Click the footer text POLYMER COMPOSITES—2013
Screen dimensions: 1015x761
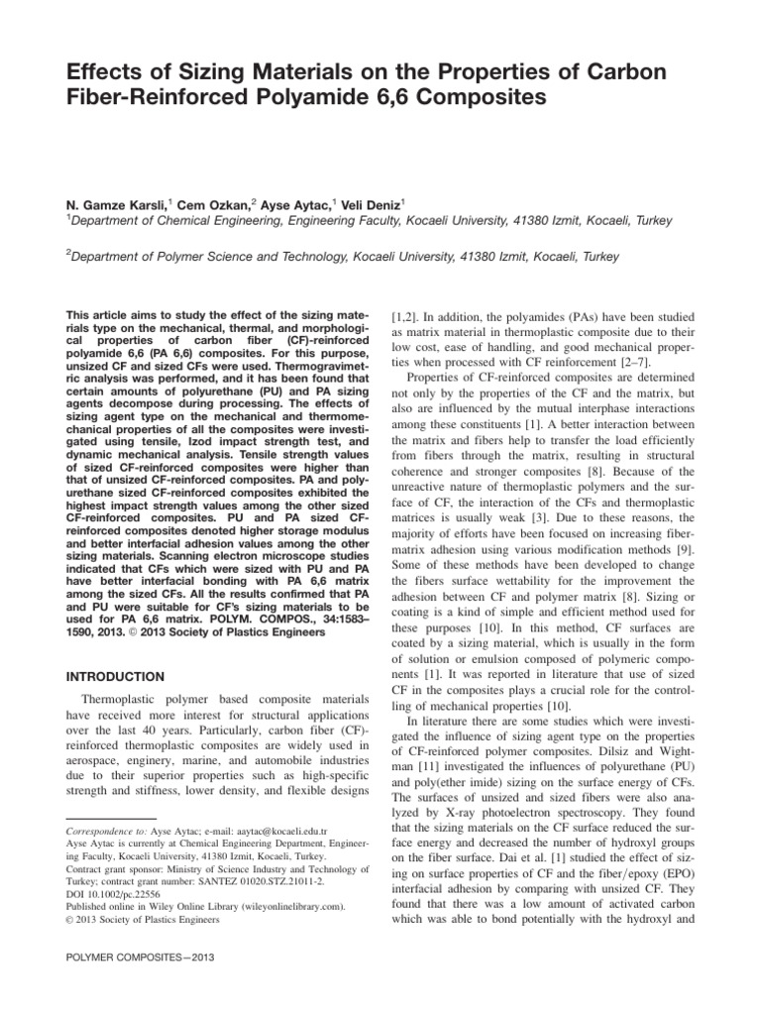click(x=139, y=959)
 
